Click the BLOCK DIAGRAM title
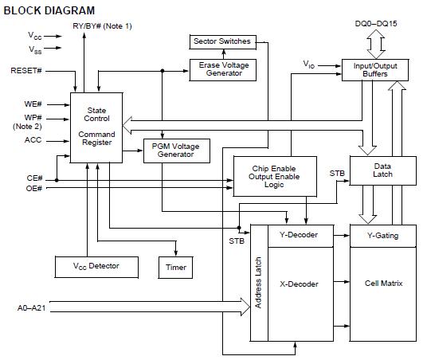pos(49,10)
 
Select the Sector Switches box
pos(221,41)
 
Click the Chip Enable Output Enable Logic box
pos(274,175)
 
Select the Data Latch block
pos(382,170)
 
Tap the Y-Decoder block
pos(299,235)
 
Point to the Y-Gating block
pos(382,235)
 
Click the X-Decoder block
pos(299,283)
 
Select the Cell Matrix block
pos(382,283)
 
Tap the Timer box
pos(176,268)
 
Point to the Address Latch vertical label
pos(259,283)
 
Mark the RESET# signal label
pos(25,70)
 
